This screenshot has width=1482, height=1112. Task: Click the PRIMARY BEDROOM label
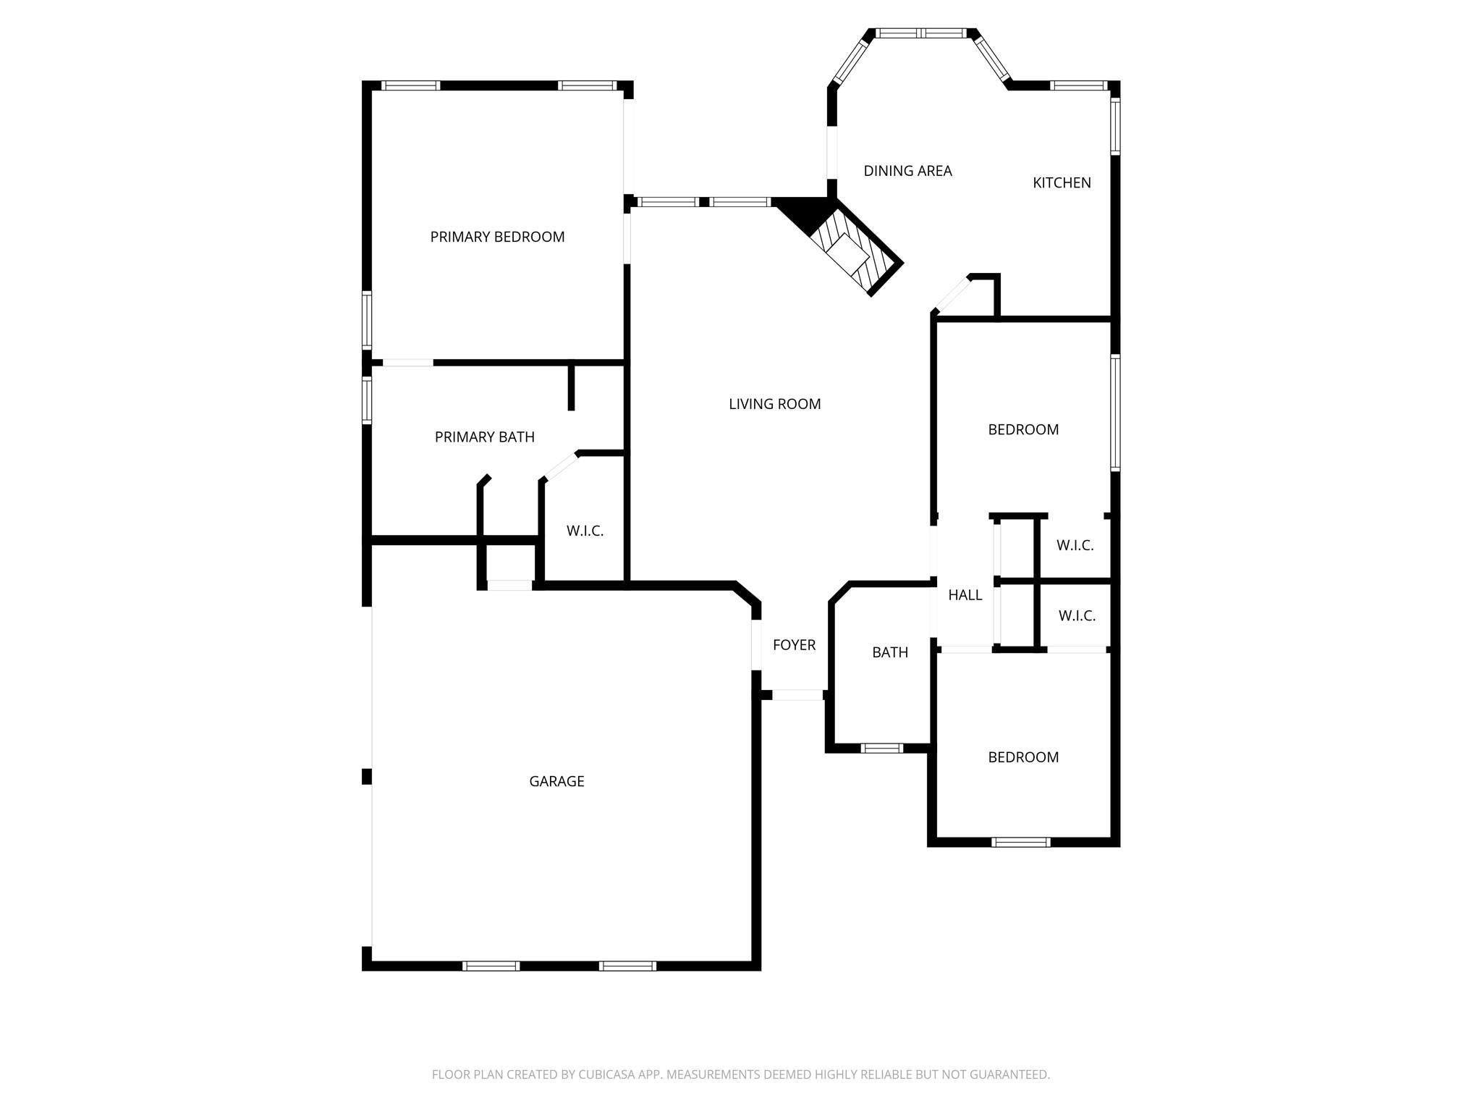[x=497, y=237]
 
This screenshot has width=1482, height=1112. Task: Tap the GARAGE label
[x=556, y=781]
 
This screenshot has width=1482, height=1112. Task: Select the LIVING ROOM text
[x=774, y=404]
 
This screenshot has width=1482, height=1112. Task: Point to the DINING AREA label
[x=907, y=171]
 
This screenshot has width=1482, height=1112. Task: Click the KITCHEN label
[x=1062, y=183]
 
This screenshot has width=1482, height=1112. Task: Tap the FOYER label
[x=794, y=645]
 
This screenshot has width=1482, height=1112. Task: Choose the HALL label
[x=965, y=595]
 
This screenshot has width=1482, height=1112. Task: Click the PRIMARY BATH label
[x=484, y=437]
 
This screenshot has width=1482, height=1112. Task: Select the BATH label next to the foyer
[x=889, y=652]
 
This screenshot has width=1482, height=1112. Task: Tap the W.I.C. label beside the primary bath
[x=585, y=531]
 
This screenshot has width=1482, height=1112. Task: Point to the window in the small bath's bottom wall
[x=881, y=748]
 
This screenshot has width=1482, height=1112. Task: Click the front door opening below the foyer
[x=797, y=695]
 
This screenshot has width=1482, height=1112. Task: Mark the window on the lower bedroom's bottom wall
[x=1020, y=842]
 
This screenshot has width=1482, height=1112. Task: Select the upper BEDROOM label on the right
[x=1023, y=430]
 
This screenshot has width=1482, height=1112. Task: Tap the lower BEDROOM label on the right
[x=1023, y=757]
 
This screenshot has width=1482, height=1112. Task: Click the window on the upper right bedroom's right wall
[x=1115, y=413]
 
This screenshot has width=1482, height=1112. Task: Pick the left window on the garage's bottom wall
[x=491, y=965]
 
